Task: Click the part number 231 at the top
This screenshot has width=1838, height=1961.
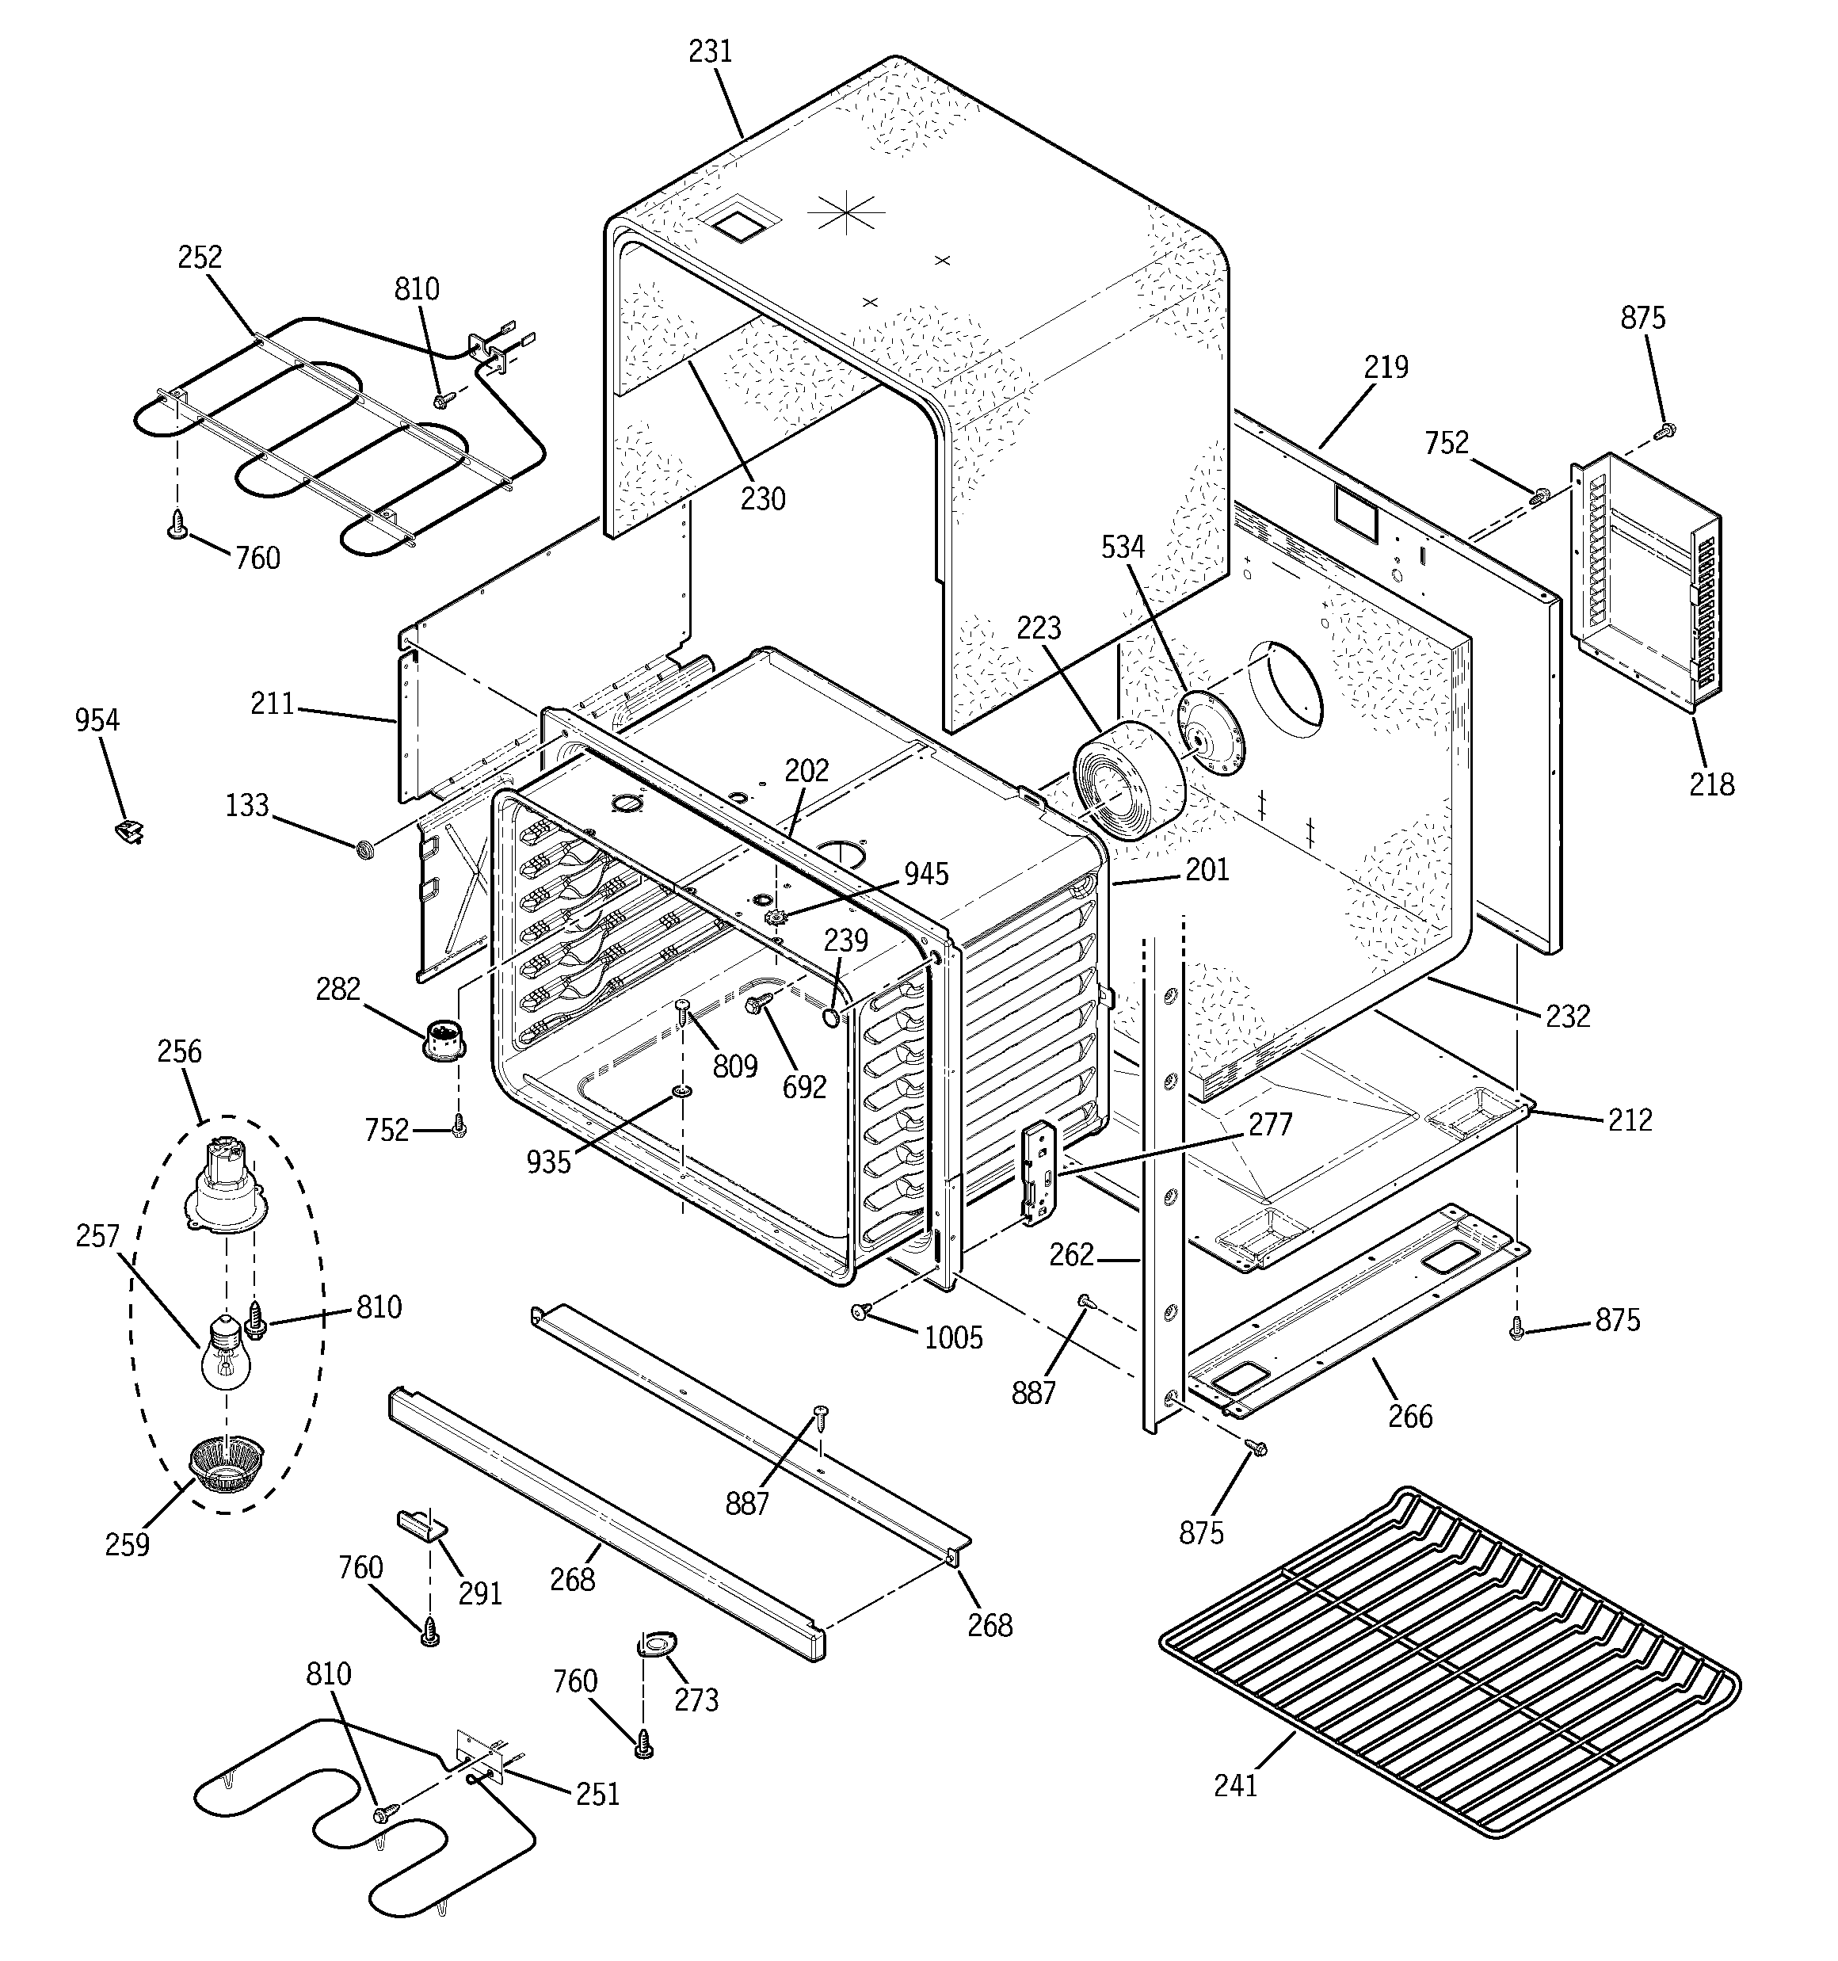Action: (x=711, y=52)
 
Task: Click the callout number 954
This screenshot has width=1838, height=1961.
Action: (x=97, y=721)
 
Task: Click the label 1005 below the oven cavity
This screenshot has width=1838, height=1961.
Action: (x=953, y=1338)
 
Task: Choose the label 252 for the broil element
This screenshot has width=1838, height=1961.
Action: (x=200, y=258)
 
